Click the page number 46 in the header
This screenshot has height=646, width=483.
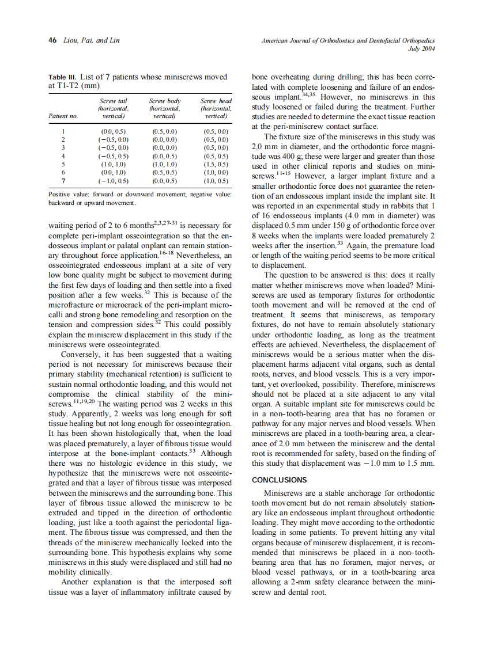(x=52, y=41)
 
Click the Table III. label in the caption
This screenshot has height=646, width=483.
(x=62, y=76)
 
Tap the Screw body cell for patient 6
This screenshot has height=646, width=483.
(x=165, y=172)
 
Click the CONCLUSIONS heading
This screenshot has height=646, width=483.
(x=280, y=480)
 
